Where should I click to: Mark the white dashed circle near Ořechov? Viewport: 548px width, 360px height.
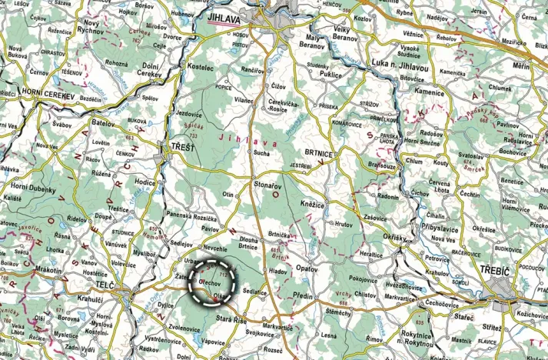(x=212, y=283)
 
